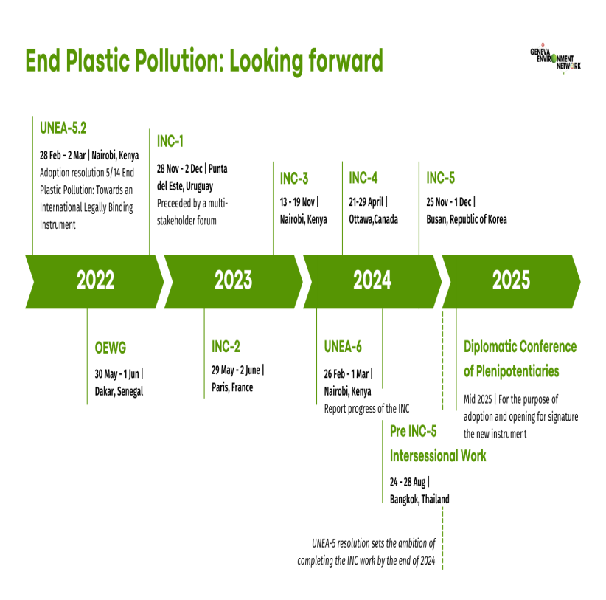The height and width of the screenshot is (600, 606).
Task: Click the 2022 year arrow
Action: (94, 282)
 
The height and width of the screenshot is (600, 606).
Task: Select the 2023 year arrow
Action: (234, 282)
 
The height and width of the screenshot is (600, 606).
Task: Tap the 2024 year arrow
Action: (372, 282)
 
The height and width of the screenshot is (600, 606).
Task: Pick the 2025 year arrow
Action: (511, 282)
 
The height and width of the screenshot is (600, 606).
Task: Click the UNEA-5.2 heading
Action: (63, 128)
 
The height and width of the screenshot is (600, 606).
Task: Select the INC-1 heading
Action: (170, 142)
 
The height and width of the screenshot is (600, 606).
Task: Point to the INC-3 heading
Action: (294, 179)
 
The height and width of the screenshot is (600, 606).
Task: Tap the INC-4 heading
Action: (363, 178)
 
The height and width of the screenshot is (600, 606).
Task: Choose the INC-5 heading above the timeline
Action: (441, 178)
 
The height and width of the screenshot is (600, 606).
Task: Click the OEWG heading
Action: (111, 348)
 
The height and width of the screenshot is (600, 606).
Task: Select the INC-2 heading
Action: (226, 347)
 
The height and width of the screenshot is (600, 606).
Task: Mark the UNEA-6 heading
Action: (343, 347)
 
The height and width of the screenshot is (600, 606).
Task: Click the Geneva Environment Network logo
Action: (555, 59)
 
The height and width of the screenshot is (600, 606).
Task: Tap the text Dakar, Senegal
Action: (119, 391)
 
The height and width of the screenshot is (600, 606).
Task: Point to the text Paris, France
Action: (232, 387)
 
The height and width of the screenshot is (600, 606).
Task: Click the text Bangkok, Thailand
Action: (419, 499)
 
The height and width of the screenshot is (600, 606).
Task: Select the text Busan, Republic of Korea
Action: (467, 219)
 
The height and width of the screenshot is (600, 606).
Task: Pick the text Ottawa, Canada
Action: (373, 219)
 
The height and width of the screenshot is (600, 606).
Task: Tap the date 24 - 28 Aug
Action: (408, 482)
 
